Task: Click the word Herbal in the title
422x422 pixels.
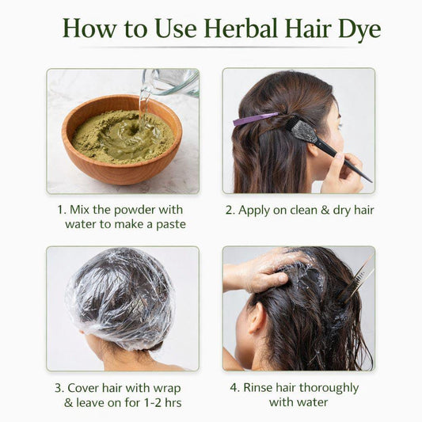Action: tap(241, 29)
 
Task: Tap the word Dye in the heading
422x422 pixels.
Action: tap(359, 30)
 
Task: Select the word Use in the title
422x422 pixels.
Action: tap(176, 29)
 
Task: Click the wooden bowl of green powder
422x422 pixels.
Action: tap(122, 139)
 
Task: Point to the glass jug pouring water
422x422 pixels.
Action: tap(169, 82)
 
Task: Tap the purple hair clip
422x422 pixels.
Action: tap(255, 119)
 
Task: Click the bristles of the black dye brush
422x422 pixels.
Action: tap(302, 131)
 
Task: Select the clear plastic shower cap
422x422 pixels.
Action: tap(120, 298)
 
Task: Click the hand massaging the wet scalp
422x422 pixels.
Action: tap(267, 272)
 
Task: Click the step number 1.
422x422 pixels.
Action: tap(62, 210)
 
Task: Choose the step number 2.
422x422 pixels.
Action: tap(230, 210)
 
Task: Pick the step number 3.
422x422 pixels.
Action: tap(59, 388)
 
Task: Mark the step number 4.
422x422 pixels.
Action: tap(234, 388)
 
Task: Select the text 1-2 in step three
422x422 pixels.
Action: tap(154, 403)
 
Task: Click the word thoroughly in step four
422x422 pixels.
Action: tap(329, 389)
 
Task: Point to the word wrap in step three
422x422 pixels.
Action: tap(167, 390)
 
